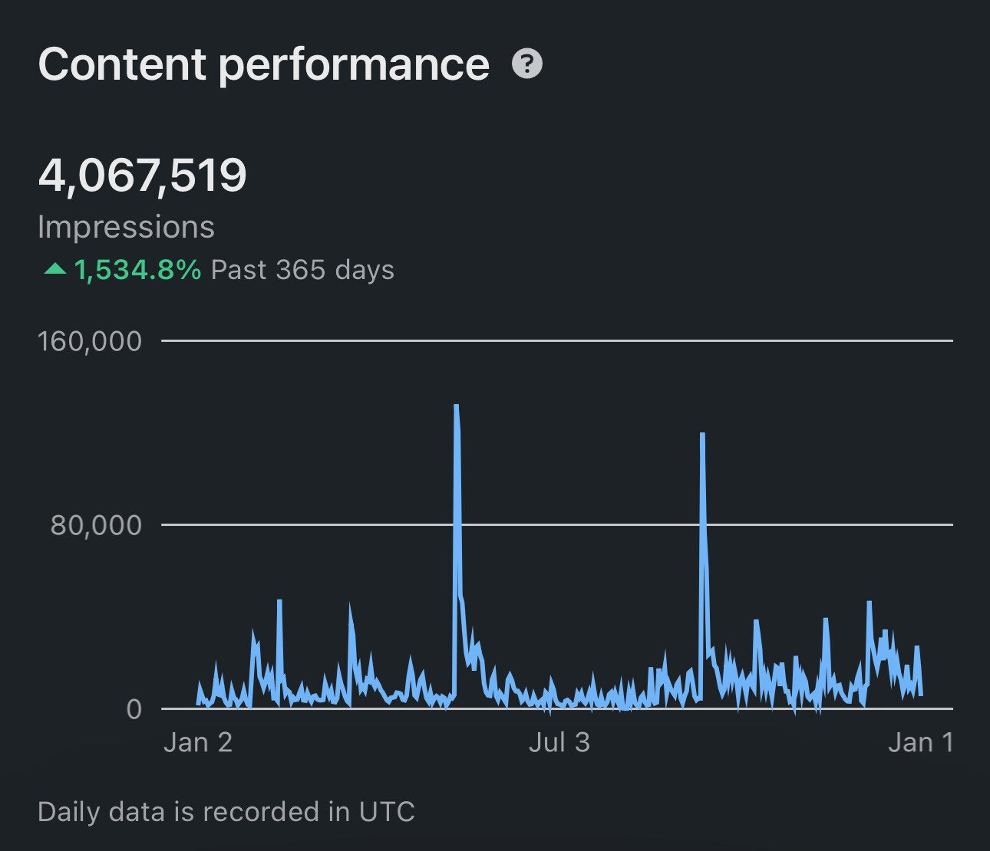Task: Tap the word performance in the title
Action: pos(354,66)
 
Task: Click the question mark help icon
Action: pos(527,64)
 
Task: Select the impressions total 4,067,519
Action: pos(142,175)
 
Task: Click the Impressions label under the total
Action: pos(126,227)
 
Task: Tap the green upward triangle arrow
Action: pos(55,269)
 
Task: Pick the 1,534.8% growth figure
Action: pos(138,270)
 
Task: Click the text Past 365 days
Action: pos(302,270)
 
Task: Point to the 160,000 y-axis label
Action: pos(90,341)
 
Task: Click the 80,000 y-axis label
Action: pos(97,525)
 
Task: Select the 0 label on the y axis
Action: pos(134,709)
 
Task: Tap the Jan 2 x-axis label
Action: pos(198,742)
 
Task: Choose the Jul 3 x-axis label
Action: pos(559,742)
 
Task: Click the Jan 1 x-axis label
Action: pos(920,742)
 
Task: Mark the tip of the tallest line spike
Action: pos(457,406)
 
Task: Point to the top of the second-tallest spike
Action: pos(702,435)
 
